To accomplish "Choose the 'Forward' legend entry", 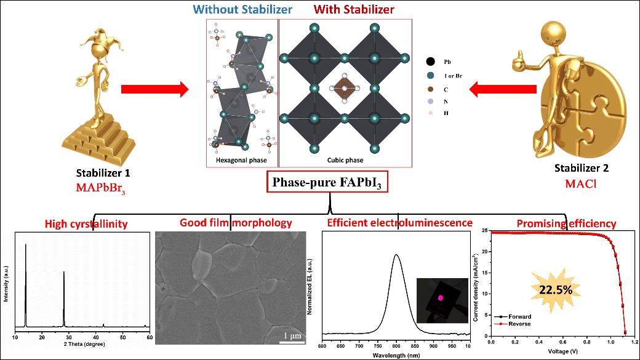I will [519, 316].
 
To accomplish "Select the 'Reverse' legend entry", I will [519, 323].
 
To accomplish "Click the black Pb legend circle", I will [431, 62].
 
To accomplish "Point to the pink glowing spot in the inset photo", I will [441, 297].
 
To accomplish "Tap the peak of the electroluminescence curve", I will [396, 255].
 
